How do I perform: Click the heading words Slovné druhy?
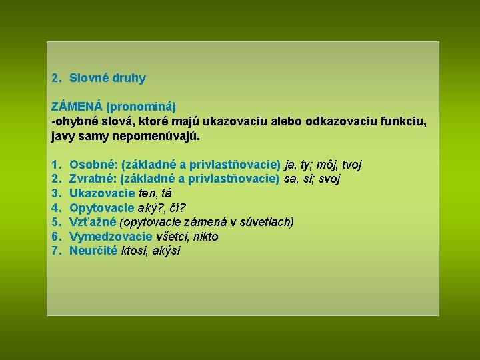(x=107, y=78)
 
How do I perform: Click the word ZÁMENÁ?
(x=77, y=106)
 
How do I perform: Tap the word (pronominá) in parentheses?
(x=141, y=106)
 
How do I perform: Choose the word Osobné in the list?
(x=91, y=164)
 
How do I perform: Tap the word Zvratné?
(x=92, y=179)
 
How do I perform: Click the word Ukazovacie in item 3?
(x=102, y=193)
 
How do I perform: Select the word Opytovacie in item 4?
(x=102, y=207)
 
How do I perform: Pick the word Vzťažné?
(x=93, y=222)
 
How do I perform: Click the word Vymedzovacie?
(x=111, y=237)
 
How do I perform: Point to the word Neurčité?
(x=94, y=251)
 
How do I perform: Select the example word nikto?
(x=205, y=237)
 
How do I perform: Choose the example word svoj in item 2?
(x=329, y=179)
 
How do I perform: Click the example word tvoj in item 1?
(x=351, y=164)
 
